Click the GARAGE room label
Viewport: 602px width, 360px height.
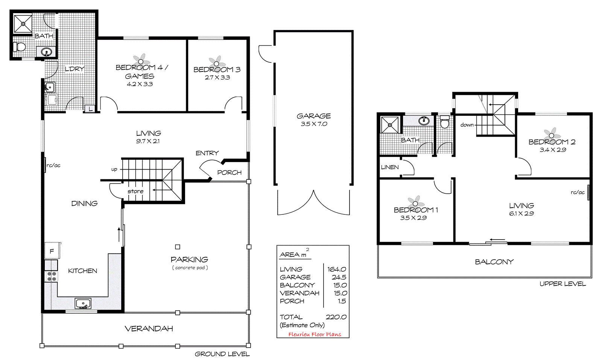[313, 116]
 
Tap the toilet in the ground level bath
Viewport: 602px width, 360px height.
[19, 47]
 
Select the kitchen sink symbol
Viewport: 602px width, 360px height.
[83, 303]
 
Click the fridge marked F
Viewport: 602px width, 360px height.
[52, 251]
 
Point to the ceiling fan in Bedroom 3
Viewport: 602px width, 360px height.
[216, 63]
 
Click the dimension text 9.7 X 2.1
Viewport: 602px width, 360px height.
[148, 141]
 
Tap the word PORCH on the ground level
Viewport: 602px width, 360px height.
[229, 173]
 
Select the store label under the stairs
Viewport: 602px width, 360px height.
[135, 191]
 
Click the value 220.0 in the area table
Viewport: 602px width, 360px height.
[336, 317]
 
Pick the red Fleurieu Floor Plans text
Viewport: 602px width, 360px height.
[315, 334]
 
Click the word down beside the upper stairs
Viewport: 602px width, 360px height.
[467, 125]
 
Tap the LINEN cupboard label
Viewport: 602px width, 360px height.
[390, 167]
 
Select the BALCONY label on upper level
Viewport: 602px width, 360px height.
[494, 262]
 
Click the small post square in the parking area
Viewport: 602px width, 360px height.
[178, 247]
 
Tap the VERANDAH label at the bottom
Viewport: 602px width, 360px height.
[149, 329]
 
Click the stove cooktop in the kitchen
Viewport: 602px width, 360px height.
[52, 276]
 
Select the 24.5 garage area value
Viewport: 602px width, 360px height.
[339, 277]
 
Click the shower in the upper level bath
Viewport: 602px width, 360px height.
[389, 125]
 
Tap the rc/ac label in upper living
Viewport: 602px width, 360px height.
[578, 193]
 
